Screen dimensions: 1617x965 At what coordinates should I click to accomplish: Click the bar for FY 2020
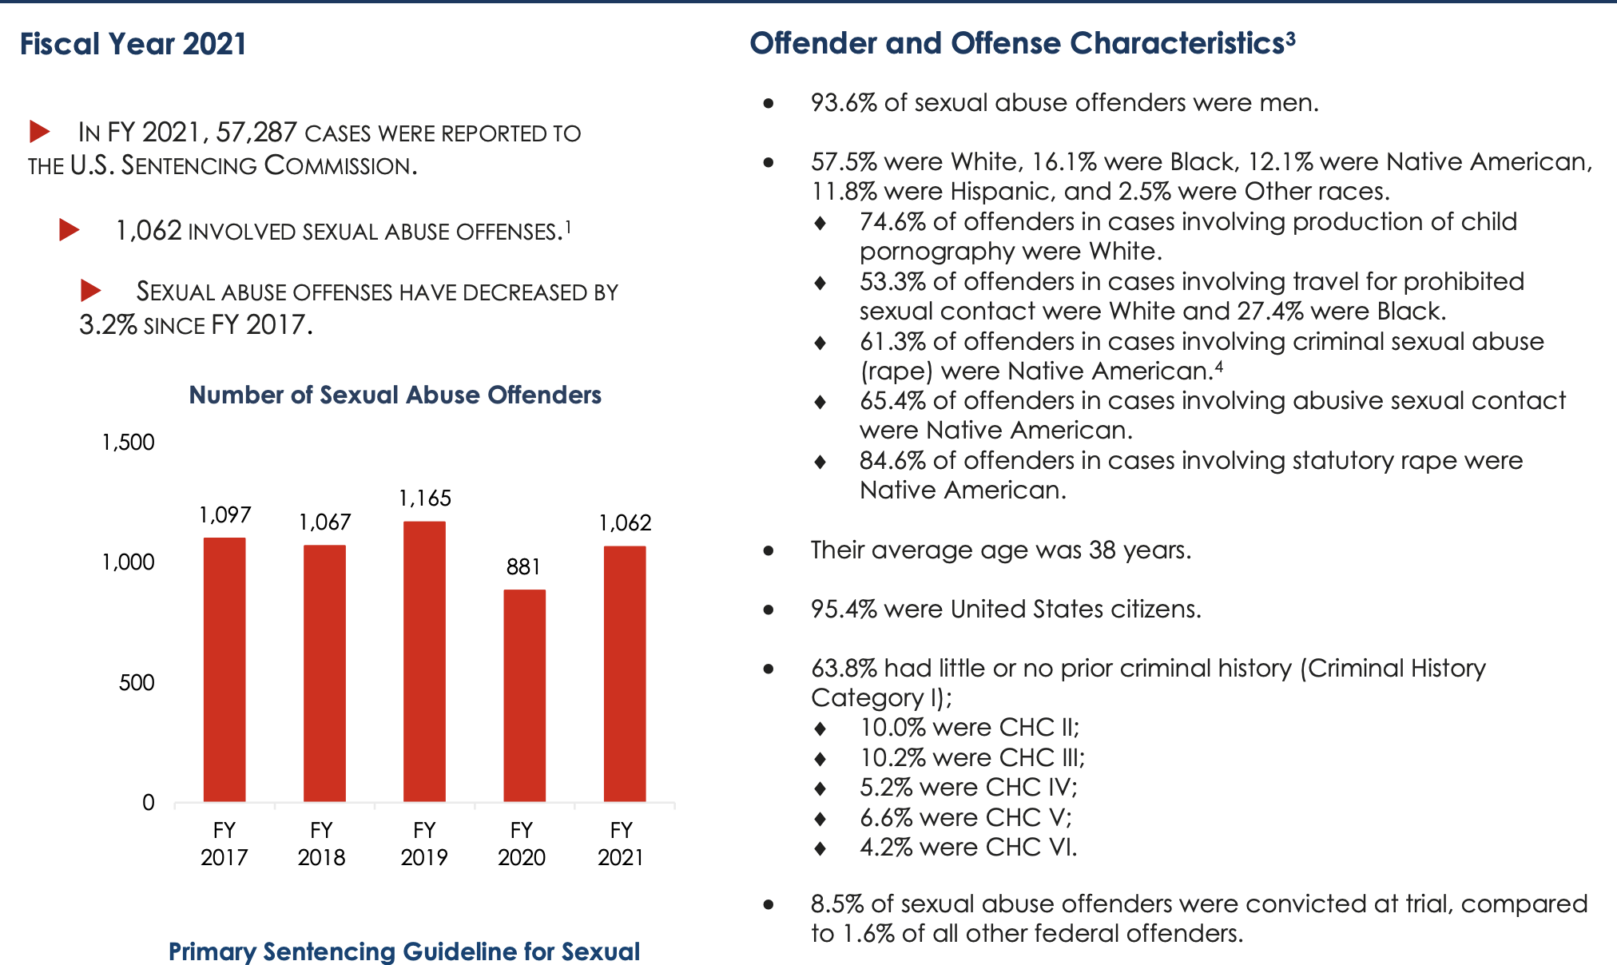(524, 696)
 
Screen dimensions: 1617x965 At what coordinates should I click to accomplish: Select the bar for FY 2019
(424, 661)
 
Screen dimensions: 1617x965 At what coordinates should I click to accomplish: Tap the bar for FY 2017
(224, 669)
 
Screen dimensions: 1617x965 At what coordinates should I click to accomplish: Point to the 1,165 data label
(425, 498)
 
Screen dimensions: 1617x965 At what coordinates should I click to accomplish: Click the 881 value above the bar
(524, 567)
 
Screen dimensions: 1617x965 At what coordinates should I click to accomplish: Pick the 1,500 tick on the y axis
(128, 443)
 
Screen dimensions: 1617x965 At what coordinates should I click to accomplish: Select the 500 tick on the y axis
(137, 683)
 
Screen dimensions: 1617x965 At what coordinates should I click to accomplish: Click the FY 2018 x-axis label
(321, 844)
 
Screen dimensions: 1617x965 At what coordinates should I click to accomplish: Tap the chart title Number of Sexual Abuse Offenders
(395, 395)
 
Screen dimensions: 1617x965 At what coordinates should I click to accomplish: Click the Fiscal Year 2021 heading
(133, 44)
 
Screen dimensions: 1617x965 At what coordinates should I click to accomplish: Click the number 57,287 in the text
(256, 132)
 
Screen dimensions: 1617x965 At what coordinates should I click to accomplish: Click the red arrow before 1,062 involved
(70, 230)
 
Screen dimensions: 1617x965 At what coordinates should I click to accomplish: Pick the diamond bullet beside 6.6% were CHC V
(820, 818)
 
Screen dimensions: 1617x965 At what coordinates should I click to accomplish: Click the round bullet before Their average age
(769, 550)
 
